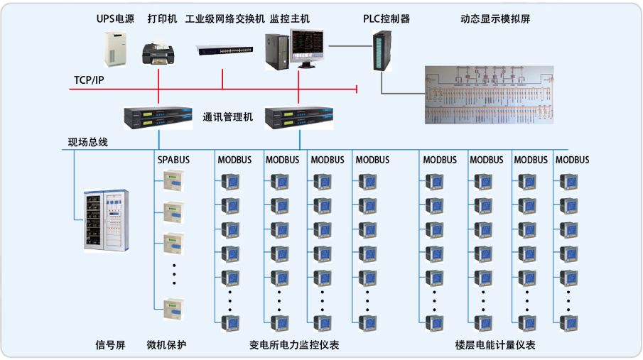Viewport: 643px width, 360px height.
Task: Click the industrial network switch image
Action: click(225, 50)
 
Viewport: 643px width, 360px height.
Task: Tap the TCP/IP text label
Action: click(89, 80)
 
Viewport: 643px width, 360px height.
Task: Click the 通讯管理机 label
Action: click(227, 118)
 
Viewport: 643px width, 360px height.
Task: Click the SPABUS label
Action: click(173, 160)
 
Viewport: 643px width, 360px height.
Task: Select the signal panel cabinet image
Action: click(105, 220)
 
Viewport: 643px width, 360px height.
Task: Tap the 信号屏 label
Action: click(110, 345)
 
